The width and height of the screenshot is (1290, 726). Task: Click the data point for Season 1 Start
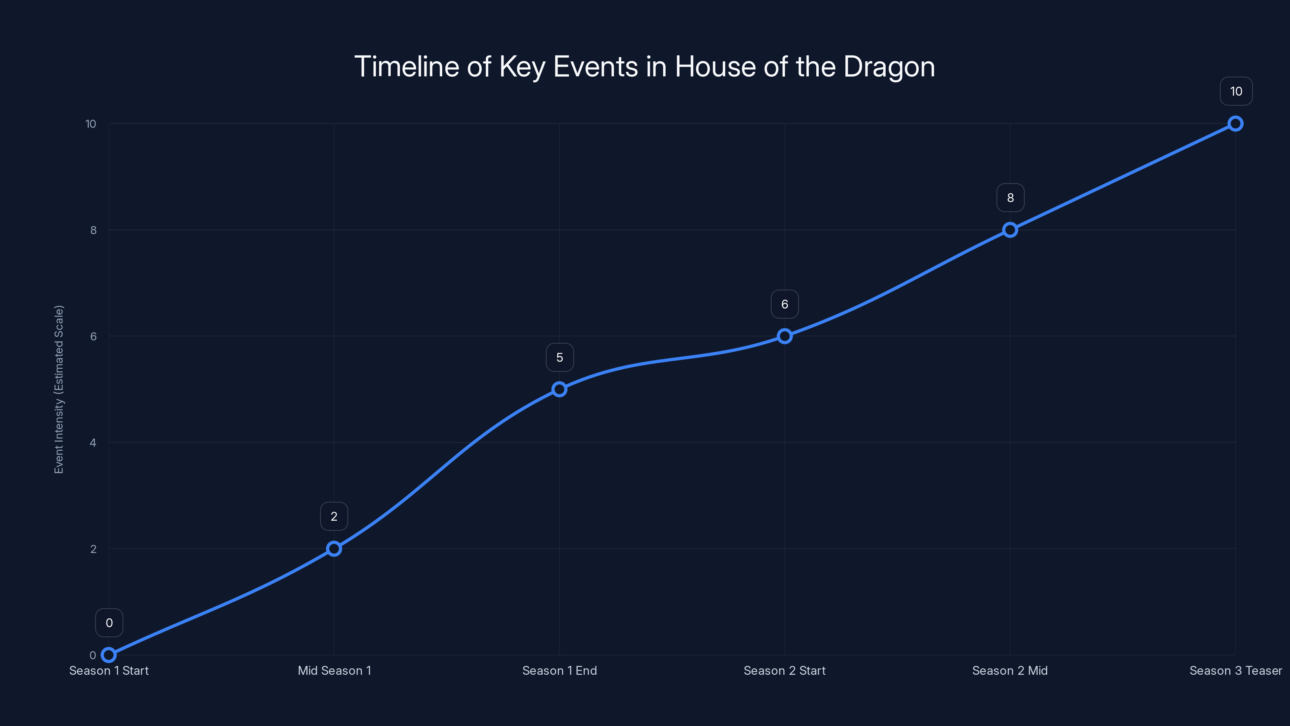coord(109,655)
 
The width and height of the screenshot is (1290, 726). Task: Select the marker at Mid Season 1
coord(334,549)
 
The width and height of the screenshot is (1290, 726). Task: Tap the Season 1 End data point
coord(560,389)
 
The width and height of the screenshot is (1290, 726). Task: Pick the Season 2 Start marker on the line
coord(785,336)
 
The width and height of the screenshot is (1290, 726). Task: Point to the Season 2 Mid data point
coord(1010,230)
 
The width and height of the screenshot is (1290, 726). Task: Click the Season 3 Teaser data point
coord(1236,124)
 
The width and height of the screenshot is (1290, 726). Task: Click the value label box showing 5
coord(560,357)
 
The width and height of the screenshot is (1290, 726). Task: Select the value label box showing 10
coord(1236,91)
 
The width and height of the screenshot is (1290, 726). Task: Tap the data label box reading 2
coord(334,517)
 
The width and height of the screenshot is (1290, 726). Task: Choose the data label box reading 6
coord(785,304)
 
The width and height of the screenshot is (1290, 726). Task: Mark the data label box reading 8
coord(1010,198)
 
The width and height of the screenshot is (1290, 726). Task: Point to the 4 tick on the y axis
coord(93,442)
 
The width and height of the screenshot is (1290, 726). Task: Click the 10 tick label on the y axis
coord(91,124)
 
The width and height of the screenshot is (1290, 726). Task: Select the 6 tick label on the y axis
coord(93,336)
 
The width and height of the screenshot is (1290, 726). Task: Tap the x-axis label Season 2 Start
coord(785,670)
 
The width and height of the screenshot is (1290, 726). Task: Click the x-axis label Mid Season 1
coord(334,670)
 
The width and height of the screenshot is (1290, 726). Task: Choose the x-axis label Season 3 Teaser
coord(1236,670)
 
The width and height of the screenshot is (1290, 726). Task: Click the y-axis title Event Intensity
coord(59,389)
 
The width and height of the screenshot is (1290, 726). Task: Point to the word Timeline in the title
coord(407,67)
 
